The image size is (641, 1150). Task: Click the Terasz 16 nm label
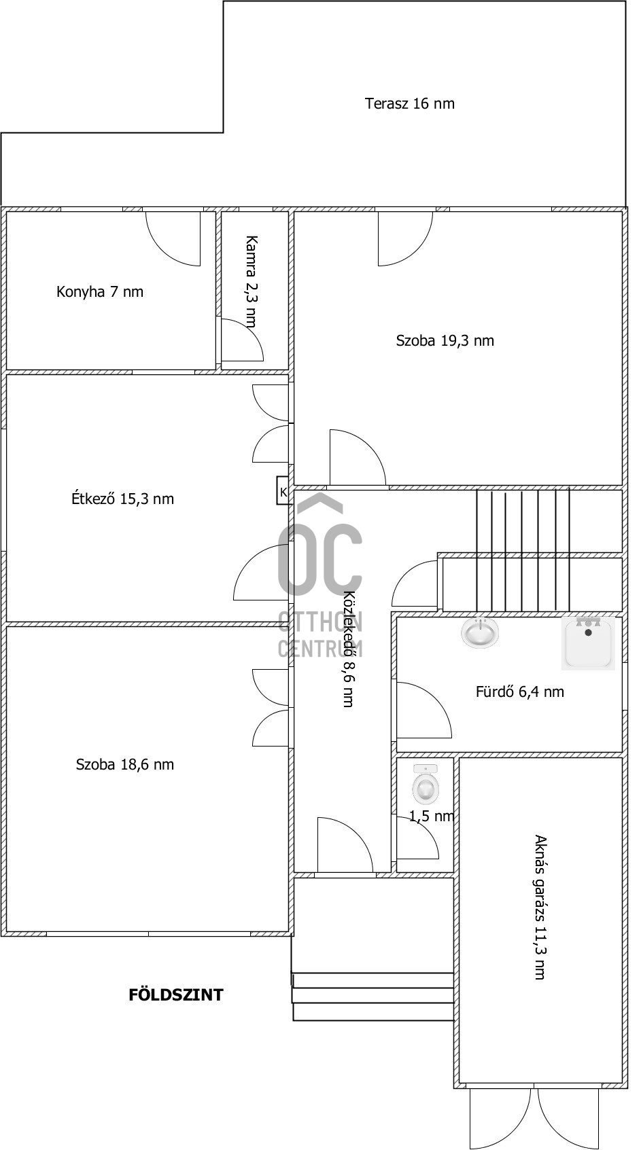410,104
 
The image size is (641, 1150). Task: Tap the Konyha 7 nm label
100,291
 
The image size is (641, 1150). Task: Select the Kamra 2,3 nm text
251,281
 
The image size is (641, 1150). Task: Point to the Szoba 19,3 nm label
445,340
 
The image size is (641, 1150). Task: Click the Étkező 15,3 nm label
122,499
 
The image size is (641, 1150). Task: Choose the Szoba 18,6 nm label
125,764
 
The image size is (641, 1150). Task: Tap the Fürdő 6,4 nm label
520,691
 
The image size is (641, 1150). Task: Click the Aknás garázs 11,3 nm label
540,908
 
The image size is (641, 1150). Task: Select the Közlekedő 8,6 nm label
349,649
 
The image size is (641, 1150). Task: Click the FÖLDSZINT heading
175,995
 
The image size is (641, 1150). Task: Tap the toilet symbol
426,784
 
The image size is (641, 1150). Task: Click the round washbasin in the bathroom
480,632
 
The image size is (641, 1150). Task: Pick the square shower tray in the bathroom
588,643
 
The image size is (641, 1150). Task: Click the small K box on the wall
283,490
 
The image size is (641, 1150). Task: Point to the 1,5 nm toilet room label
432,816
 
